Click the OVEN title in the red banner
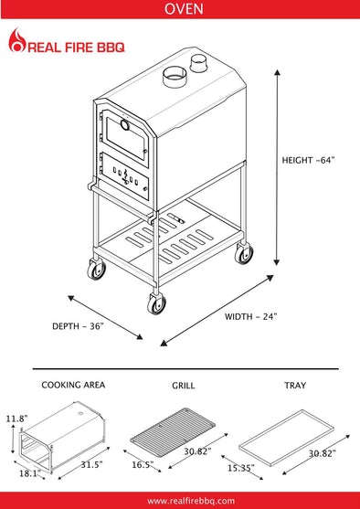(184, 9)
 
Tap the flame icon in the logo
(16, 40)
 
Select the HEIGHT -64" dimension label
(308, 160)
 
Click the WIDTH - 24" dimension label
(251, 316)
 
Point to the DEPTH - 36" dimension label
(78, 326)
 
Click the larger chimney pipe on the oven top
(174, 77)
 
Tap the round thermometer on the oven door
(124, 124)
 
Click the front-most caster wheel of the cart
(156, 303)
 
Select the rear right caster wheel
(244, 253)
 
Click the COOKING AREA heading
(73, 385)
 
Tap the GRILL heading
(184, 386)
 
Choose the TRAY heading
(295, 386)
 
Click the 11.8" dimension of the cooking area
(16, 419)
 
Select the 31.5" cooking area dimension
(92, 465)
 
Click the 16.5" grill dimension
(143, 465)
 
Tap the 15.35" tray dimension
(241, 469)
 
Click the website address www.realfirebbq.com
(191, 501)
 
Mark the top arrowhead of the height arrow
(277, 72)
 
